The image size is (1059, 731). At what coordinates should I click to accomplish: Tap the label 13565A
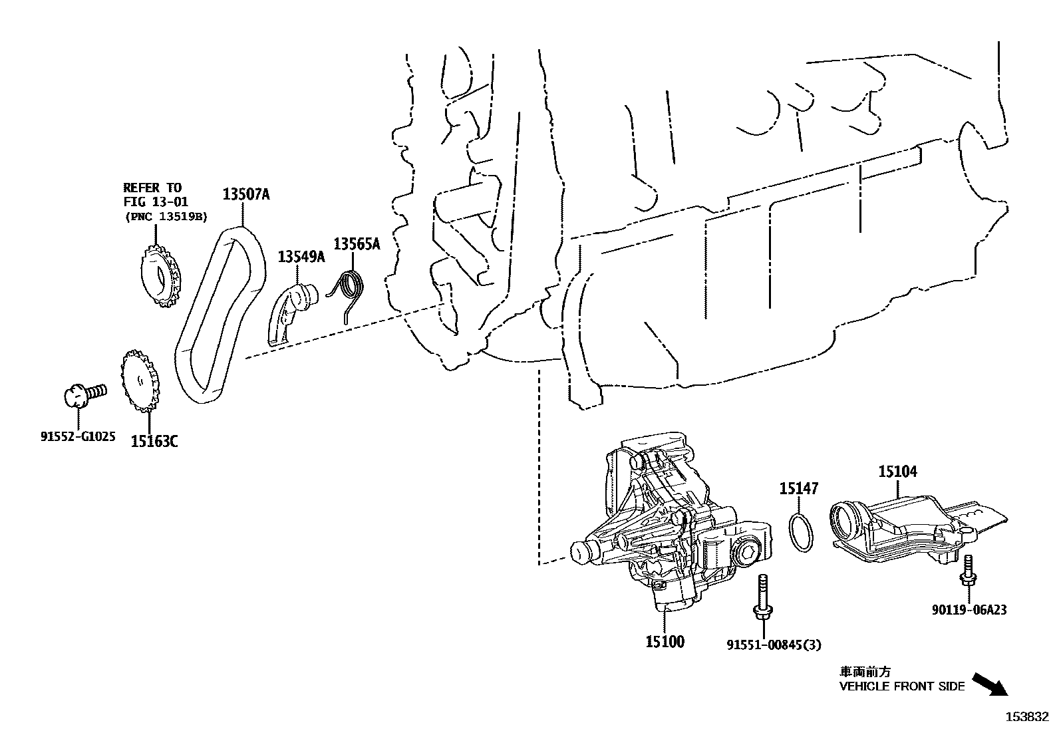[x=357, y=244]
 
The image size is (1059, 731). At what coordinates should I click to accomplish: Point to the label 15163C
[x=154, y=441]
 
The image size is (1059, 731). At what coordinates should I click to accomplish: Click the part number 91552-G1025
[x=78, y=437]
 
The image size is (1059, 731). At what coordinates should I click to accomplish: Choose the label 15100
[x=665, y=642]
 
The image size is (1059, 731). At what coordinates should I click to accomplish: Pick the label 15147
[x=799, y=490]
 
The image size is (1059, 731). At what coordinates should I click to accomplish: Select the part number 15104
[x=897, y=472]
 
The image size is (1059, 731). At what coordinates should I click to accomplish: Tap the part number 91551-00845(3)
[x=774, y=645]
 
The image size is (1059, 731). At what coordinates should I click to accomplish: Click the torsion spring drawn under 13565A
[x=349, y=293]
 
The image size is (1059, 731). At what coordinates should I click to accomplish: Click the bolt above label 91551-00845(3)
[x=762, y=599]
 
